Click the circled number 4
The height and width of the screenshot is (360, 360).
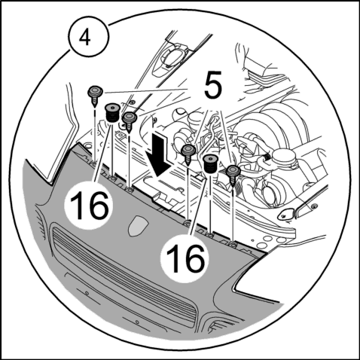click(90, 38)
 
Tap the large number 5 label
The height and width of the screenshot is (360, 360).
click(213, 84)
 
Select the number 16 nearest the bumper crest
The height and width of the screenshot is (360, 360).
click(90, 205)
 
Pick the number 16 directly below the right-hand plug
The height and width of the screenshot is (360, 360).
click(185, 259)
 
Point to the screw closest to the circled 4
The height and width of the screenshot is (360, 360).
click(95, 96)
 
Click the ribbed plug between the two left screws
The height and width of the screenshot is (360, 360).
click(112, 113)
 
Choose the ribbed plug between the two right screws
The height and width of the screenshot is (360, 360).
click(210, 164)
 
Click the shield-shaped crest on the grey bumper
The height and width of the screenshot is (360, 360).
click(138, 225)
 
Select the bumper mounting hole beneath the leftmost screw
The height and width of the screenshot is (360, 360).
click(93, 164)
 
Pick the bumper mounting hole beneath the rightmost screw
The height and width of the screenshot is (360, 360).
click(233, 243)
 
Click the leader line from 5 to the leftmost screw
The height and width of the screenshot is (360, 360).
click(145, 90)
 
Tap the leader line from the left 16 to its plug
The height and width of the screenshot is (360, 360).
click(102, 152)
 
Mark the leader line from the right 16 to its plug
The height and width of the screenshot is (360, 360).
click(199, 206)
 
